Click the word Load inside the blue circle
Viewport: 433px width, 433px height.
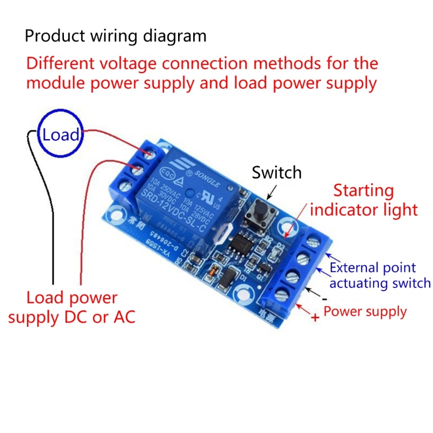pos(61,135)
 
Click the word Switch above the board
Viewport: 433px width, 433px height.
pos(277,173)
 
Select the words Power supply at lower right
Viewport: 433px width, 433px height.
pos(365,312)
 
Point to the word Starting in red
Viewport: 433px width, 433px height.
pos(363,191)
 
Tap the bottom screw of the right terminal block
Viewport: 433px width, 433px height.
pos(280,296)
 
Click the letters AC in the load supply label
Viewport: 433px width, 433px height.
pos(123,317)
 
